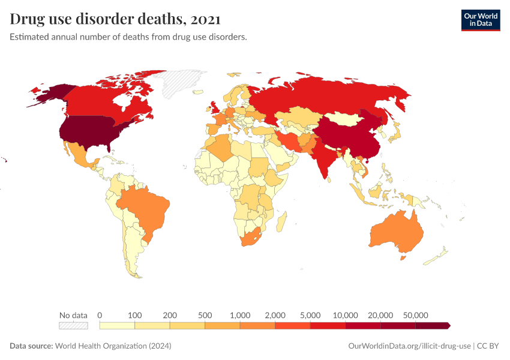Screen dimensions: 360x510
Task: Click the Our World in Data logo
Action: tap(480, 20)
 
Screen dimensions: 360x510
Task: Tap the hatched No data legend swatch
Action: tap(73, 325)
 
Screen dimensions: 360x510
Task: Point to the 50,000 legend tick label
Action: tap(415, 315)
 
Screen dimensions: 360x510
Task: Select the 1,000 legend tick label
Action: tap(240, 315)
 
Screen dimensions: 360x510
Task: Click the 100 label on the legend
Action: tap(134, 315)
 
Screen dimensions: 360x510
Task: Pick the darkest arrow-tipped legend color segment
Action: tap(433, 325)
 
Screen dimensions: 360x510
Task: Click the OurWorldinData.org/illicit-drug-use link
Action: tap(409, 346)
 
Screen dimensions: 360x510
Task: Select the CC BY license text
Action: tap(489, 346)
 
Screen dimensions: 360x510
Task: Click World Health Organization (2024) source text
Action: tap(113, 346)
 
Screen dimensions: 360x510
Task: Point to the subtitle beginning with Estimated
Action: tap(128, 37)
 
